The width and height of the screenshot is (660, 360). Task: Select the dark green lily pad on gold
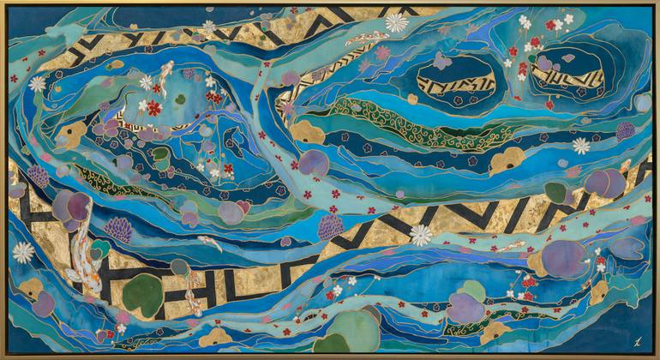tap(142, 293)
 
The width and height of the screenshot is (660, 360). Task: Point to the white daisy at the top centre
tap(396, 22)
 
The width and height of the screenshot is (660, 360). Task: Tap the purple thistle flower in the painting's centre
tap(330, 227)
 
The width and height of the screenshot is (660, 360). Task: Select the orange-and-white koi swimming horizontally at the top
tap(369, 38)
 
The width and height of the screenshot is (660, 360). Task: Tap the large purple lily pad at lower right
tap(565, 257)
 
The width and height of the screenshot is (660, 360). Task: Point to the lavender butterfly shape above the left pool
tap(441, 60)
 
